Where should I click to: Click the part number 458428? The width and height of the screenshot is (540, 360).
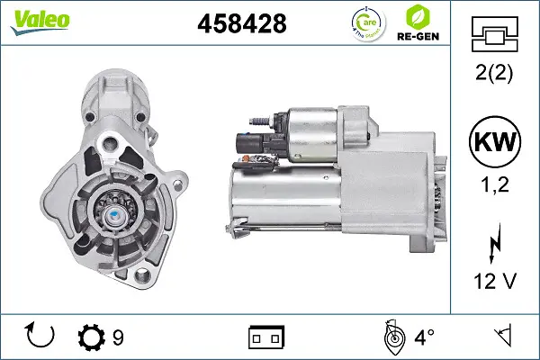click(241, 24)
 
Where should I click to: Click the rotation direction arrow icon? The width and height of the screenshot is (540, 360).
click(40, 336)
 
